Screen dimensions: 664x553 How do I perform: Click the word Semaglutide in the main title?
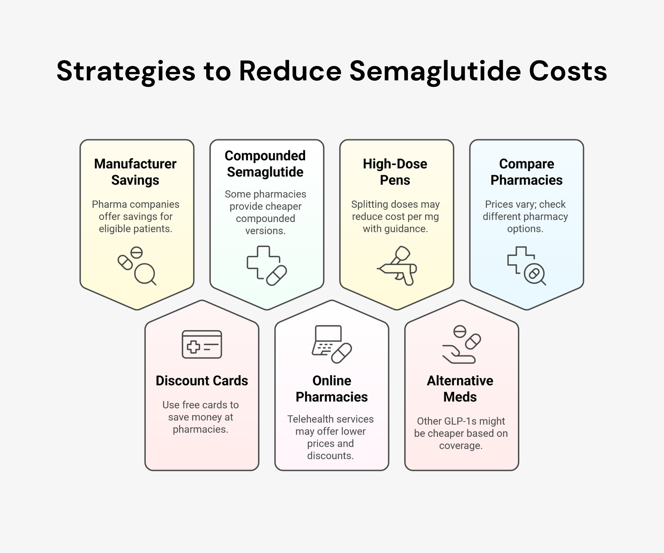(x=435, y=71)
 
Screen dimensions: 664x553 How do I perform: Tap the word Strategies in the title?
(x=126, y=71)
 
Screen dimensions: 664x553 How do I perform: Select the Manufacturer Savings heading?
(x=135, y=172)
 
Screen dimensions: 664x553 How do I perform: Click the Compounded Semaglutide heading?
(x=265, y=164)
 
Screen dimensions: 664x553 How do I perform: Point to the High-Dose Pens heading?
(x=395, y=172)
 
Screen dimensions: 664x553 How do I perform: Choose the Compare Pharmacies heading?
(x=526, y=172)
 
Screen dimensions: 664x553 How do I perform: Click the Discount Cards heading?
(x=202, y=380)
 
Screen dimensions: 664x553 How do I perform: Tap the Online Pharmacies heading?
(x=332, y=389)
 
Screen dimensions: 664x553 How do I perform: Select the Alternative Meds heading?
(x=460, y=389)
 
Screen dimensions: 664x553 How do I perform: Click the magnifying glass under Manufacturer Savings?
(x=145, y=274)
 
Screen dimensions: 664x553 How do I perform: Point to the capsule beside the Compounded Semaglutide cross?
(x=277, y=275)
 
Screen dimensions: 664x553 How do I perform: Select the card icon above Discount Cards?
(x=202, y=344)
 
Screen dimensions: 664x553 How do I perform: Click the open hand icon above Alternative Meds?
(x=459, y=355)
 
